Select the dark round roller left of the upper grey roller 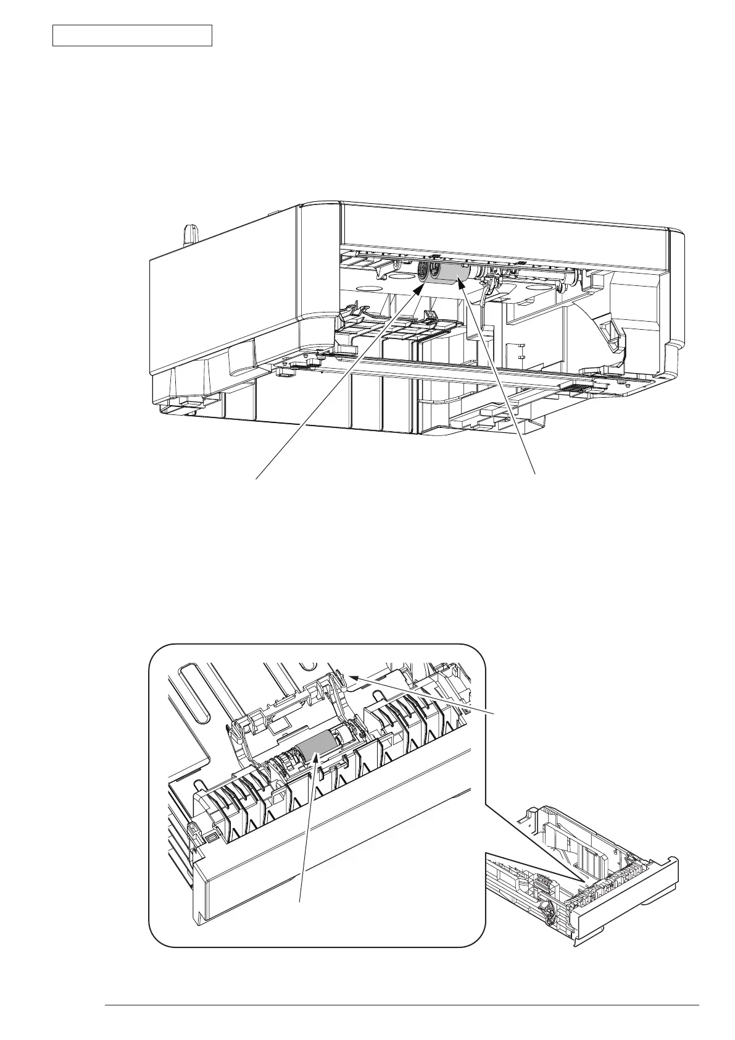click(x=424, y=271)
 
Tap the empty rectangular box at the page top click(x=132, y=35)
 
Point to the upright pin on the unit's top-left click(x=191, y=235)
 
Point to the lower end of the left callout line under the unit click(x=256, y=477)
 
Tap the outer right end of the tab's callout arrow click(x=494, y=714)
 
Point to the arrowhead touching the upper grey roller click(x=460, y=283)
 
